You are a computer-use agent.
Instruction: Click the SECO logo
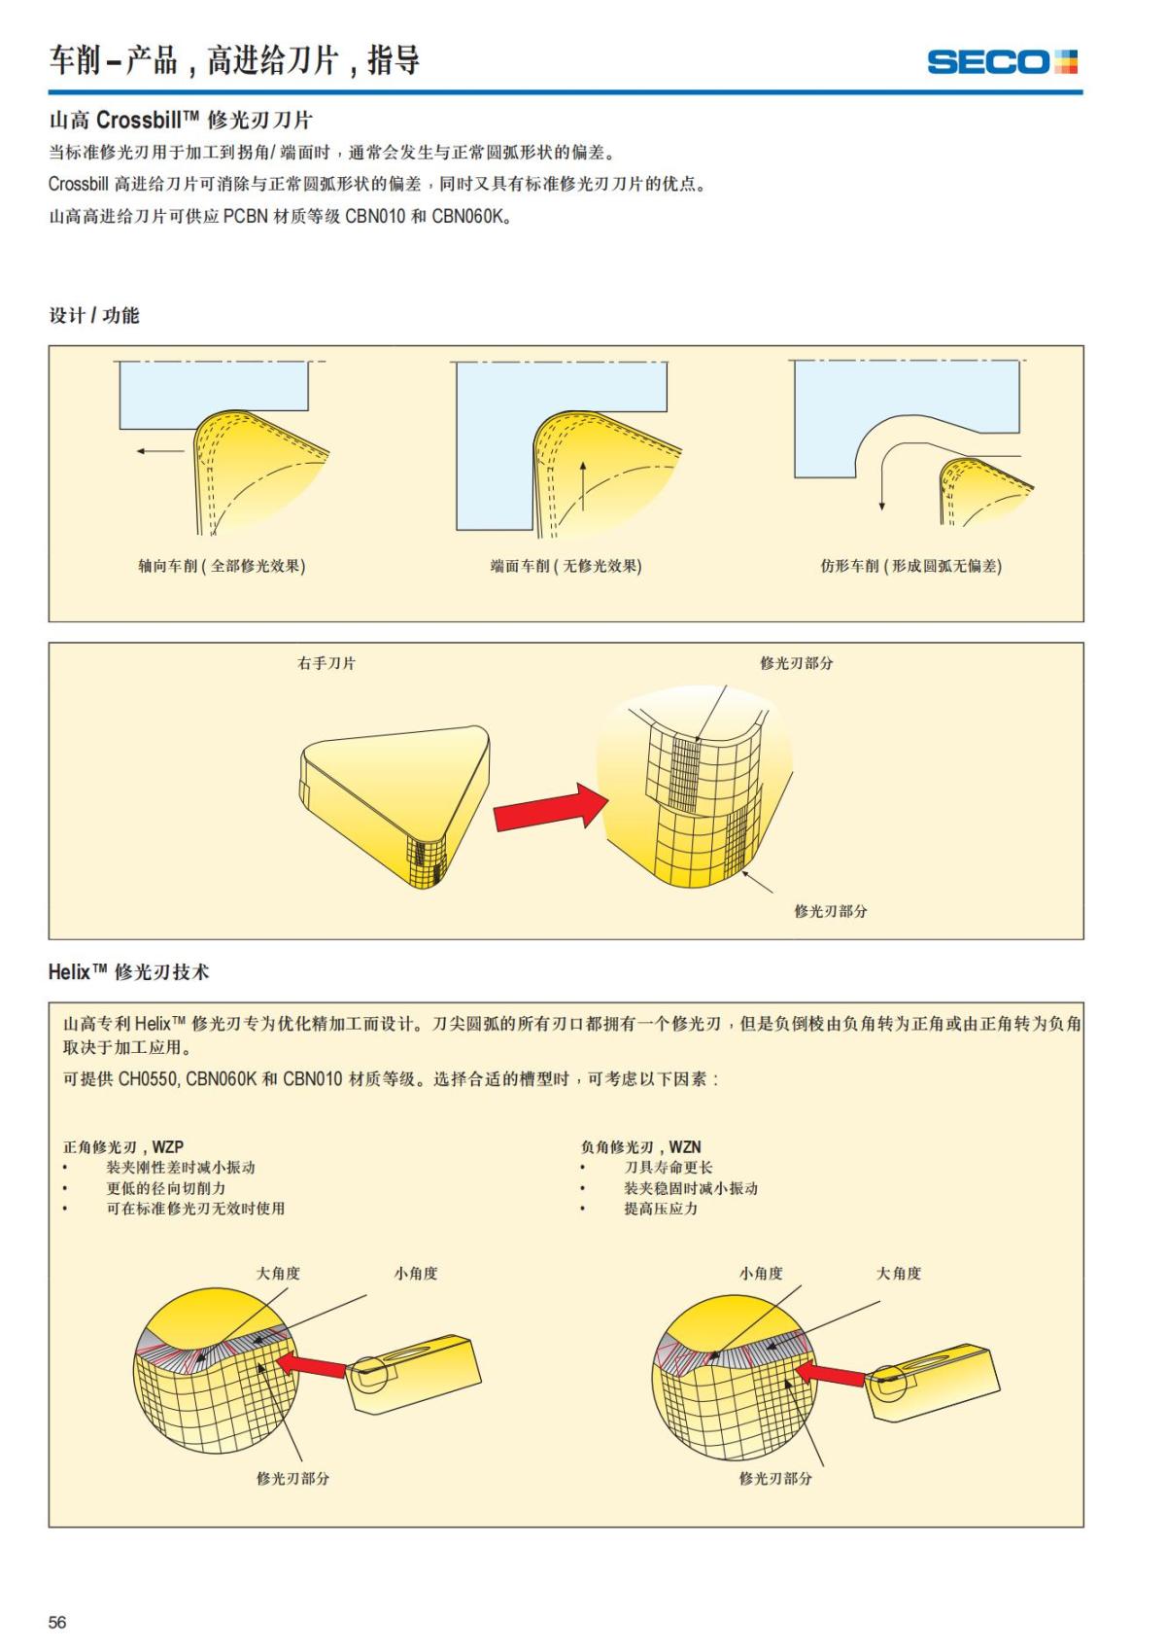coord(1002,62)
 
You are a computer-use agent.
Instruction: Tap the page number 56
coord(57,1622)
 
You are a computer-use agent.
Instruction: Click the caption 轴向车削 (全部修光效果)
coord(222,566)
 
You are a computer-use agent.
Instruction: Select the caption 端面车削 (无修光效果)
coord(566,566)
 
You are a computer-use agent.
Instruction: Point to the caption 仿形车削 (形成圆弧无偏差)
coord(910,566)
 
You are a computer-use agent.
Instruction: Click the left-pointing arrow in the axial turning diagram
coord(159,451)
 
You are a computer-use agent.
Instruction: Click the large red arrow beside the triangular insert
coord(549,808)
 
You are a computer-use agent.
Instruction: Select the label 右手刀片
coord(326,663)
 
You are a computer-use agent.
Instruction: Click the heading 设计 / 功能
coord(94,315)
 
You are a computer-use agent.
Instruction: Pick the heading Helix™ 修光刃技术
coord(128,972)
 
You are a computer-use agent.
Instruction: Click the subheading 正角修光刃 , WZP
coord(123,1147)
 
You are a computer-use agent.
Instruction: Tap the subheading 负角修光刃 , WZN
coord(640,1147)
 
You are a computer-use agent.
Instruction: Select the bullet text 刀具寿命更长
coord(668,1168)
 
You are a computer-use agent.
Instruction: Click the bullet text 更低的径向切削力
coord(165,1188)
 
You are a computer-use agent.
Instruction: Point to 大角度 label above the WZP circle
coord(278,1274)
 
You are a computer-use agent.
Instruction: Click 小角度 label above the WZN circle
coord(760,1274)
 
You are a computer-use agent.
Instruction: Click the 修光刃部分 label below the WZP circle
coord(292,1478)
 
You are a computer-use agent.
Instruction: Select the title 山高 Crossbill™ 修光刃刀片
coord(181,121)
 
